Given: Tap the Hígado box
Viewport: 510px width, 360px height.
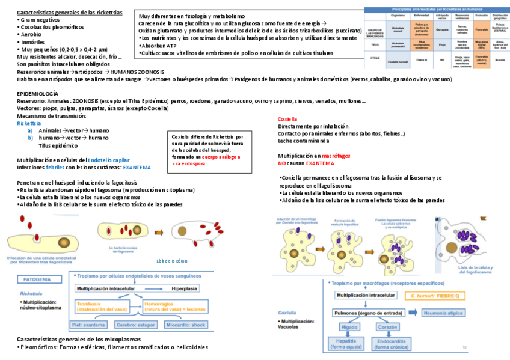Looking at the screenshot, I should pos(349,327).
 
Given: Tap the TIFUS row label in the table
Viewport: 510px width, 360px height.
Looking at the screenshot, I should pos(375,44).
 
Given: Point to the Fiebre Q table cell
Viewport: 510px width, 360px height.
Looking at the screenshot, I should pos(422,60).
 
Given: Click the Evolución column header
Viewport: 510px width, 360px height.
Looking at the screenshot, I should pos(481,16).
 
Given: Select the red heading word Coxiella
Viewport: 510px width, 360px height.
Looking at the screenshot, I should pos(287,119).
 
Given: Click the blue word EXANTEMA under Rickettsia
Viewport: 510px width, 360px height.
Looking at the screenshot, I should pos(137,168).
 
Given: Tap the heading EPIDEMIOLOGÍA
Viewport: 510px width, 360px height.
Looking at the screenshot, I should pos(37,94).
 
